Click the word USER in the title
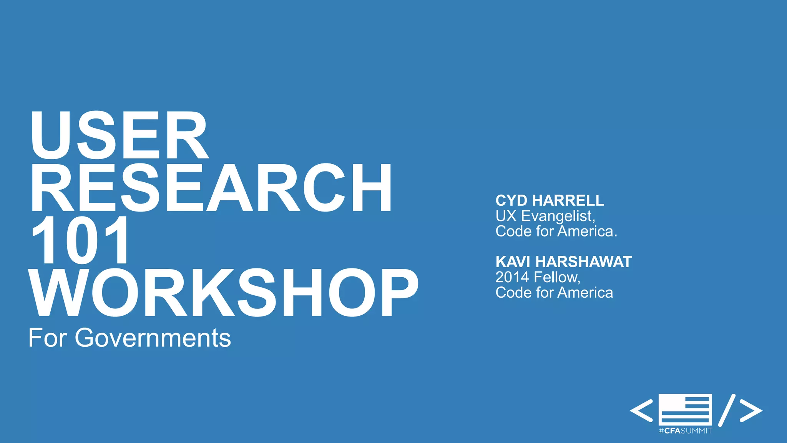[119, 135]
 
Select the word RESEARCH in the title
[211, 188]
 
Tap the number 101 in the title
[80, 240]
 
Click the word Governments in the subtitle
[153, 338]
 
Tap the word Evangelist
[558, 216]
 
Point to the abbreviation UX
[506, 216]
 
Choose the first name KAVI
[513, 262]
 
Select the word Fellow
[557, 277]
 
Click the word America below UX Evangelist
[587, 231]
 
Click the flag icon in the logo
[685, 409]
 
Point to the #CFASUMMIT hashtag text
[685, 431]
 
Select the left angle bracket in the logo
[641, 410]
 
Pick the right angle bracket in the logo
[751, 410]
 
